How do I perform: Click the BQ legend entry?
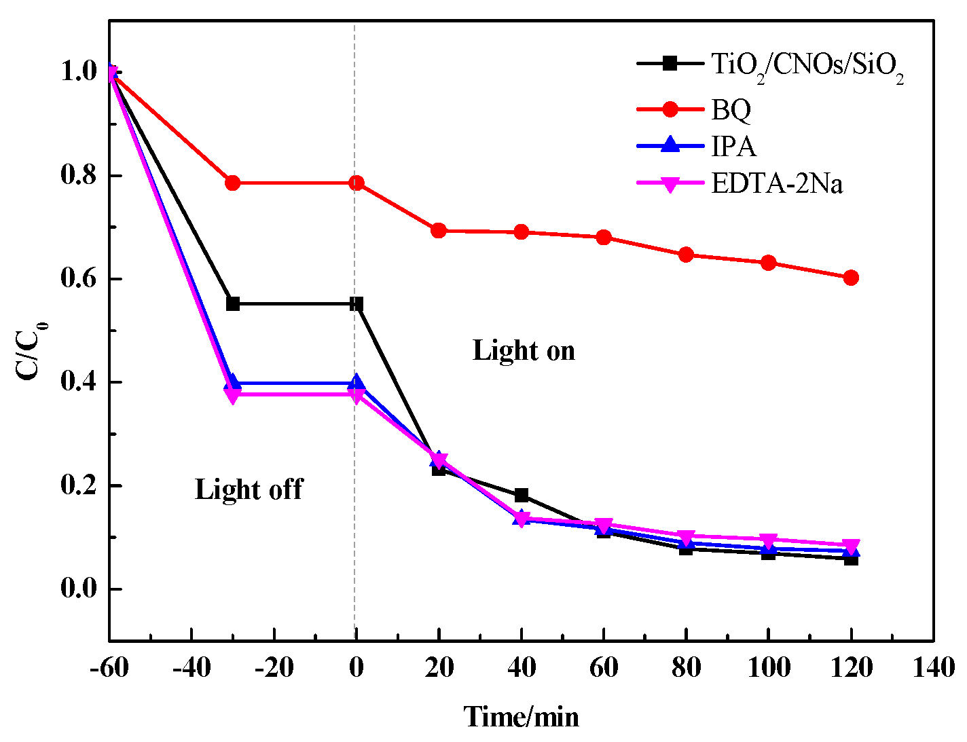(731, 109)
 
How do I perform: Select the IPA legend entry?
(733, 146)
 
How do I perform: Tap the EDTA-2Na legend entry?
(777, 183)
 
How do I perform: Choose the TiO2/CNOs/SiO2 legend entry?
(807, 65)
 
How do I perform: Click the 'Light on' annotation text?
(524, 351)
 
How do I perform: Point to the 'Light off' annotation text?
(249, 489)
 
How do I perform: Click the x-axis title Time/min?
(522, 716)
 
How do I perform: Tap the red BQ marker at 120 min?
(851, 278)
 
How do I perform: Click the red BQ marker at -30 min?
(233, 183)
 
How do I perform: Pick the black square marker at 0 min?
(357, 303)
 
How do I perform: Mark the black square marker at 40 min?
(522, 495)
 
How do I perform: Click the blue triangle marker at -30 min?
(233, 382)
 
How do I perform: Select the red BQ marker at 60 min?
(604, 238)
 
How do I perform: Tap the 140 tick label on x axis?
(933, 668)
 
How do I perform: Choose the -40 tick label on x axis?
(191, 668)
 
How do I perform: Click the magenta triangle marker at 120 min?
(851, 546)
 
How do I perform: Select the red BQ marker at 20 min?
(439, 231)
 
